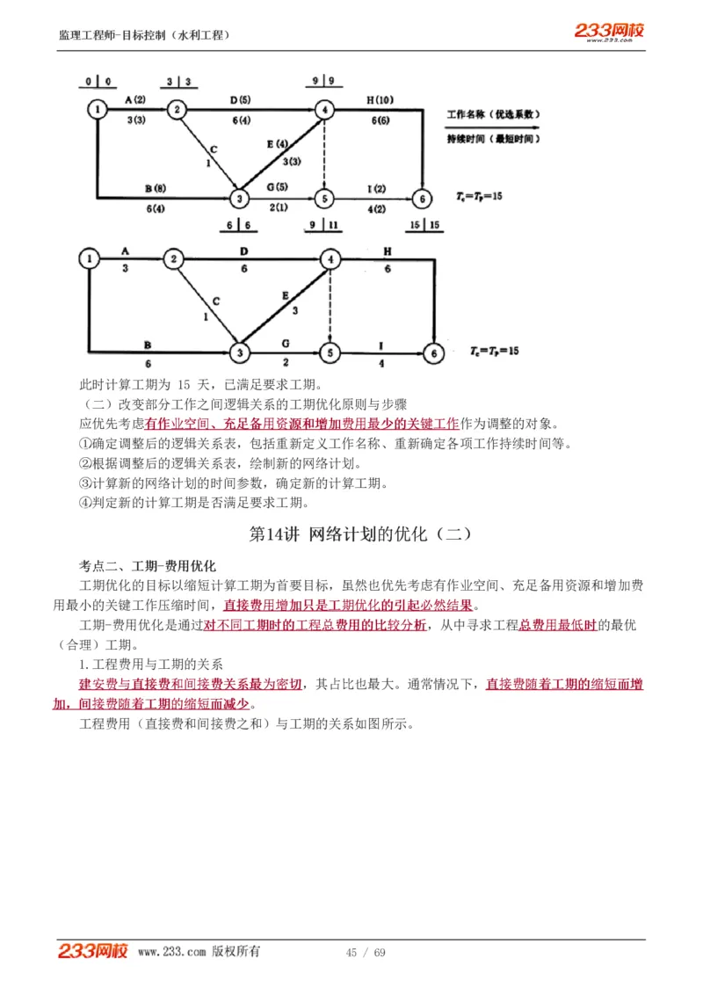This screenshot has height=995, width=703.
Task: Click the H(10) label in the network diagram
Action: pyautogui.click(x=380, y=99)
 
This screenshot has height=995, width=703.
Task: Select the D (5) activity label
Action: pyautogui.click(x=240, y=99)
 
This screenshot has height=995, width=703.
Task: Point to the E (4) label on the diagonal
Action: pyautogui.click(x=277, y=143)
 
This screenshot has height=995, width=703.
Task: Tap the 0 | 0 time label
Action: pyautogui.click(x=98, y=82)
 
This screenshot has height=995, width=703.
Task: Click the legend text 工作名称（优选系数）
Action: pyautogui.click(x=492, y=114)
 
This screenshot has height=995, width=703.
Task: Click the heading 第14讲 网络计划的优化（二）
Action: pyautogui.click(x=361, y=534)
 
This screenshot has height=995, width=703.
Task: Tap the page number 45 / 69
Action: pyautogui.click(x=366, y=953)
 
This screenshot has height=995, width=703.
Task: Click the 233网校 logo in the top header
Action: pyautogui.click(x=609, y=32)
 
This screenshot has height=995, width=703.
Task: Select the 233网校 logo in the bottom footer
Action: pyautogui.click(x=93, y=951)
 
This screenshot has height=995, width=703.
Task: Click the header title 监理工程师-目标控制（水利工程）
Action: pyautogui.click(x=145, y=35)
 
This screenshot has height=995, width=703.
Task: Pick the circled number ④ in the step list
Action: pyautogui.click(x=85, y=503)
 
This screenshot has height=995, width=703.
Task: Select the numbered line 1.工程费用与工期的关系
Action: pyautogui.click(x=151, y=664)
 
